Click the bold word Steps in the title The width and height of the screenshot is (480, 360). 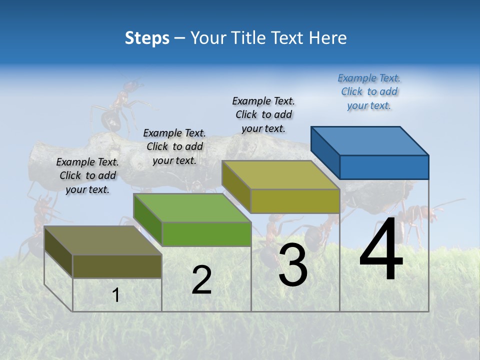[x=147, y=38]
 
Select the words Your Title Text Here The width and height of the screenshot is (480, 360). [x=268, y=38]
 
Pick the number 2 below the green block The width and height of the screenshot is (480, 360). [x=201, y=280]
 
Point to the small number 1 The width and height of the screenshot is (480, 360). [x=115, y=295]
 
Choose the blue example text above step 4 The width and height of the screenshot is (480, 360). [x=369, y=92]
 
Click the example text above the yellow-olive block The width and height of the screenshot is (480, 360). [x=263, y=115]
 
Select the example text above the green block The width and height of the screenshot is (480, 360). [x=174, y=147]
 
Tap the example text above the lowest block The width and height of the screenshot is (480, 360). [x=87, y=176]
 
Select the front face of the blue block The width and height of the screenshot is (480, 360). [x=384, y=167]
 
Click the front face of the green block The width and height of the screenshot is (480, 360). [x=206, y=234]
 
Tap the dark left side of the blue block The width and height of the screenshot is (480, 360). [x=325, y=152]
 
